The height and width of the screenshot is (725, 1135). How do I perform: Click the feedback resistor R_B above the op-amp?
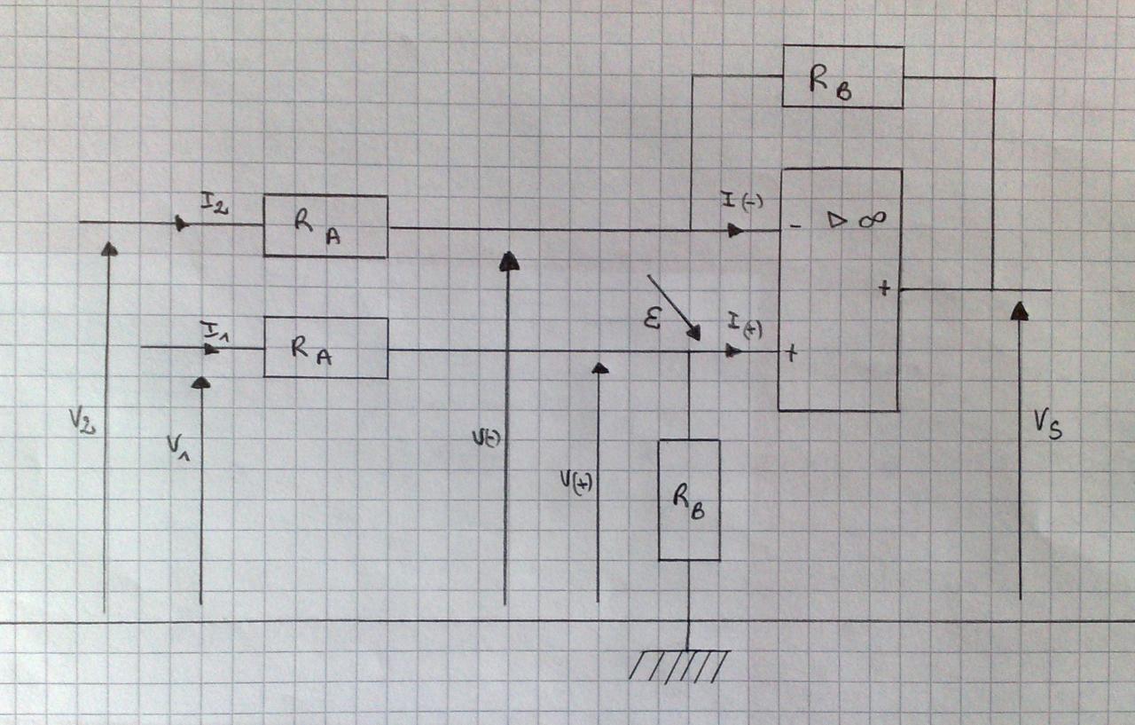click(x=842, y=76)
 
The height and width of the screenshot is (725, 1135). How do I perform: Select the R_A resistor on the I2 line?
click(x=325, y=226)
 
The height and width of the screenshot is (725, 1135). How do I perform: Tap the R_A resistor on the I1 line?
click(x=325, y=348)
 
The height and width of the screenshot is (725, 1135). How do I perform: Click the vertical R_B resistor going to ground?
click(x=688, y=500)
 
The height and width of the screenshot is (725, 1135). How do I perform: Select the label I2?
click(x=214, y=206)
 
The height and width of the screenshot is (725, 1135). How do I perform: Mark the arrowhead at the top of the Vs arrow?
click(x=1020, y=310)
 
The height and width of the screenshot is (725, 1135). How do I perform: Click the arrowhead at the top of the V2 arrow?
click(x=109, y=248)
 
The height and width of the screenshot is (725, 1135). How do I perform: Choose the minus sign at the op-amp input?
click(x=794, y=226)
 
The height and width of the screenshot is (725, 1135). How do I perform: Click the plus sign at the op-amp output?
click(x=884, y=288)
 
